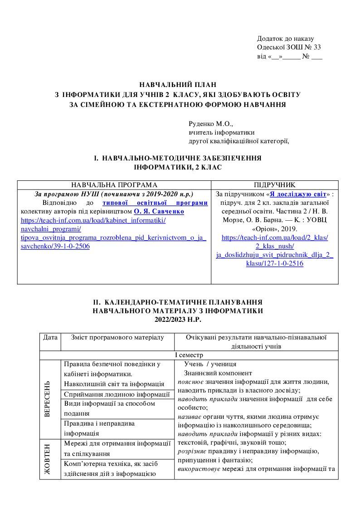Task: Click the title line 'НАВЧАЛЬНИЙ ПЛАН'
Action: point(178,84)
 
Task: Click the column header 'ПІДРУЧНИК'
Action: point(275,184)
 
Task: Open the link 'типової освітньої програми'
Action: point(155,203)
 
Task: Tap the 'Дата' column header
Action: point(50,337)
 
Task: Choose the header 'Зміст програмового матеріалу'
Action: point(117,337)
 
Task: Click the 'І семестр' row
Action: point(188,355)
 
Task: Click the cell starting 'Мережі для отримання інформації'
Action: point(117,443)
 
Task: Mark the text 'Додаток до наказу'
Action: point(285,39)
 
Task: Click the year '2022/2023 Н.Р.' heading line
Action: point(178,319)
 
